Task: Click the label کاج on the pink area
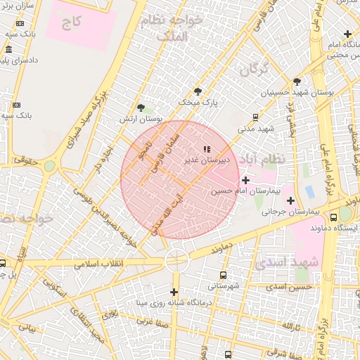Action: (x=71, y=23)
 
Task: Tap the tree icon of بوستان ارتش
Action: (x=142, y=107)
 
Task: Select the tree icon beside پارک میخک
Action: (x=198, y=91)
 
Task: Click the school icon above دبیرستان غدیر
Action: (x=206, y=149)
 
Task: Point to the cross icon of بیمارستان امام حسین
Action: (x=245, y=180)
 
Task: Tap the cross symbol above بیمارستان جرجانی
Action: (x=290, y=201)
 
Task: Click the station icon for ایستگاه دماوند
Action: (x=345, y=217)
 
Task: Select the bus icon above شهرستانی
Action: (x=224, y=276)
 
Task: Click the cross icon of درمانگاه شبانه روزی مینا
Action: (x=174, y=292)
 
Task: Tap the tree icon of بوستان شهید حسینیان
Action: (x=297, y=82)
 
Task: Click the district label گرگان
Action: (x=255, y=70)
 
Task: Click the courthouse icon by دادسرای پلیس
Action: (x=8, y=50)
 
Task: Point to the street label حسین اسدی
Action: (x=293, y=288)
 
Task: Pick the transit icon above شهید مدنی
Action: (x=255, y=117)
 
